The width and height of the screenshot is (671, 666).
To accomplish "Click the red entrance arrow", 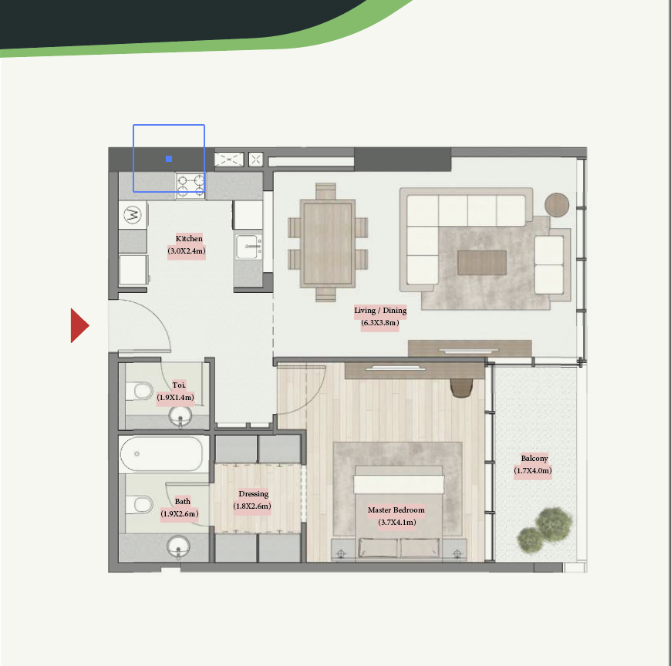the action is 79,325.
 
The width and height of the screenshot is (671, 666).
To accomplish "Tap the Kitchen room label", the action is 189,239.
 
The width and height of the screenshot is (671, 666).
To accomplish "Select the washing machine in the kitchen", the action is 133,214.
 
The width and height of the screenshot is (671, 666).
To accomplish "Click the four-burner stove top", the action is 191,186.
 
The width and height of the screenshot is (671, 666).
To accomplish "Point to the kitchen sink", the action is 248,247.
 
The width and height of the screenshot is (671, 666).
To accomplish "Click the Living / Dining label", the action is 380,311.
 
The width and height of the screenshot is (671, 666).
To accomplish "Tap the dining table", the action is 327,243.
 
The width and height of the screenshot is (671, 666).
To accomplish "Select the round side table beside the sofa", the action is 557,205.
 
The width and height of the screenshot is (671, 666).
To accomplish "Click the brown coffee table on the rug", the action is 482,263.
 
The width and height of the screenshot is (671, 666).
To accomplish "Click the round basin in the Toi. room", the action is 180,416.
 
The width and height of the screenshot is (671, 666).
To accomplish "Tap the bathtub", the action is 162,454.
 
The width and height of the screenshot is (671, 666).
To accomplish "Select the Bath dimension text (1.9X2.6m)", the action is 179,513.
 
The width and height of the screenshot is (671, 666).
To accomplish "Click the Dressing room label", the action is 254,494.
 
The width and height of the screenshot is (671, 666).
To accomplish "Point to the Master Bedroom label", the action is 396,510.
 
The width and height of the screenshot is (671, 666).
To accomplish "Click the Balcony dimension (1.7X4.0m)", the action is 533,470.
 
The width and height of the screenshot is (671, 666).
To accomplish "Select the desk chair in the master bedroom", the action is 461,388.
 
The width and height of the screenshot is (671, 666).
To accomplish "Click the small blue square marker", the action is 169,159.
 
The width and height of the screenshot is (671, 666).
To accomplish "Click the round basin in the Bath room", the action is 178,547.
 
